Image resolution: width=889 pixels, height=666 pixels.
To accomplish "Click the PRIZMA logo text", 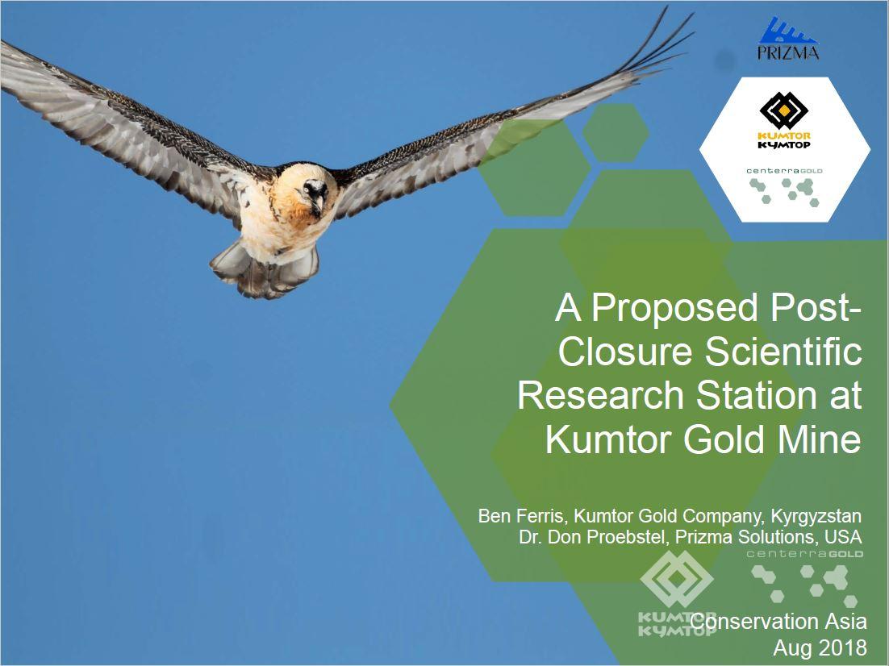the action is click(788, 52).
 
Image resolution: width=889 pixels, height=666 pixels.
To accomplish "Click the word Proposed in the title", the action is click(674, 307).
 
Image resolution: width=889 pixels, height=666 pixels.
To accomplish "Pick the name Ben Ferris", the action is click(520, 516).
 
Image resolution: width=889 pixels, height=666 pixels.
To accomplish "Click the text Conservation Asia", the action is click(778, 622).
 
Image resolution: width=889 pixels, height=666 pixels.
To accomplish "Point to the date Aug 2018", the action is click(820, 647).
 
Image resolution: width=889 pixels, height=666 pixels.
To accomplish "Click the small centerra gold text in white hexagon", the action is click(784, 171).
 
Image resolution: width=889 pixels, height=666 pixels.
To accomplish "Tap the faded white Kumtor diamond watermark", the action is click(677, 579).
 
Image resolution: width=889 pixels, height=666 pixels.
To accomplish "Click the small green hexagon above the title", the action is click(616, 132).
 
